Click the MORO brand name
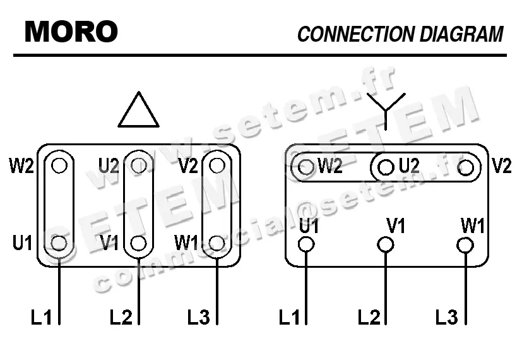pos(71,31)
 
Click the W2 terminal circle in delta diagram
pos(59,165)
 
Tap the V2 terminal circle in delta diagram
pos(217,165)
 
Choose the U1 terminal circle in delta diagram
pos(59,243)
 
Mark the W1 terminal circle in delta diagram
pos(217,243)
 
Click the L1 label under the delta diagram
pos(42,317)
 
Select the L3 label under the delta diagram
pos(198,317)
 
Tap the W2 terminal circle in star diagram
pos(306,167)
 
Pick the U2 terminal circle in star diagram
pos(386,167)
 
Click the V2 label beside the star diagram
pos(502,166)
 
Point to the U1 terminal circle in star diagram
pos(306,244)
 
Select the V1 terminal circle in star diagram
pos(386,244)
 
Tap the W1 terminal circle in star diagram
pos(465,244)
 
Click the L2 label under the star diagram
pos(369,317)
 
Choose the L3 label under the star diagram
pos(447,317)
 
